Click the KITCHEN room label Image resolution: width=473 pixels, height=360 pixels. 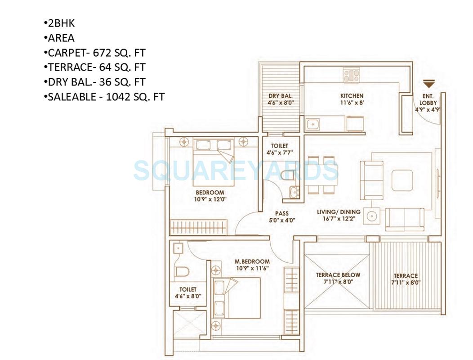coord(352,96)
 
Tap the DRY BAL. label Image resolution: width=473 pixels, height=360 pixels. coord(281,96)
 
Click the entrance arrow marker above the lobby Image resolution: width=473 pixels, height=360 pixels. coord(429,84)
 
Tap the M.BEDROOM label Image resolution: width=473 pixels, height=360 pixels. coord(252,261)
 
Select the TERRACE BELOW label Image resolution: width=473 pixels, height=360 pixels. coord(338,275)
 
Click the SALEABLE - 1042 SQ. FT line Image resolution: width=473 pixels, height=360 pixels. coord(104,96)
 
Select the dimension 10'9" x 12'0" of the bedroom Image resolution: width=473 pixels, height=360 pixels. coord(210,199)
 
